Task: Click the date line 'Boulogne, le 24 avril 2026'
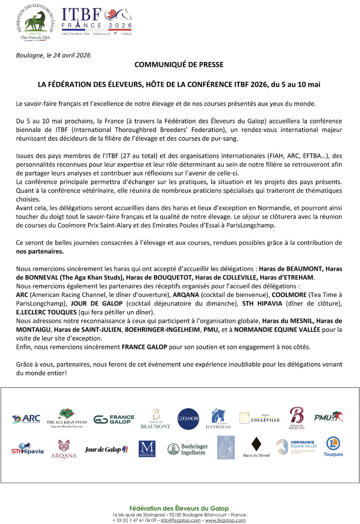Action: [x=53, y=55]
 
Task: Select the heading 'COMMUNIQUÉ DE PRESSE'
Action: [x=179, y=65]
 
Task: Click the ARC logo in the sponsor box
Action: [x=27, y=419]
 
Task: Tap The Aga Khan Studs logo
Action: [x=67, y=418]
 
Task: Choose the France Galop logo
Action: [x=114, y=419]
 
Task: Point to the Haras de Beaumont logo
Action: [x=155, y=419]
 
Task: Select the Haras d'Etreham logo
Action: [x=218, y=419]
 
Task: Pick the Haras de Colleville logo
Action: [x=260, y=418]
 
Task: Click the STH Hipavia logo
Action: [x=27, y=449]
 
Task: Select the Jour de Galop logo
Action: [x=106, y=449]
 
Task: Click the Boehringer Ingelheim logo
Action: [x=188, y=449]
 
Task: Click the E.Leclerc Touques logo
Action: [x=333, y=447]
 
